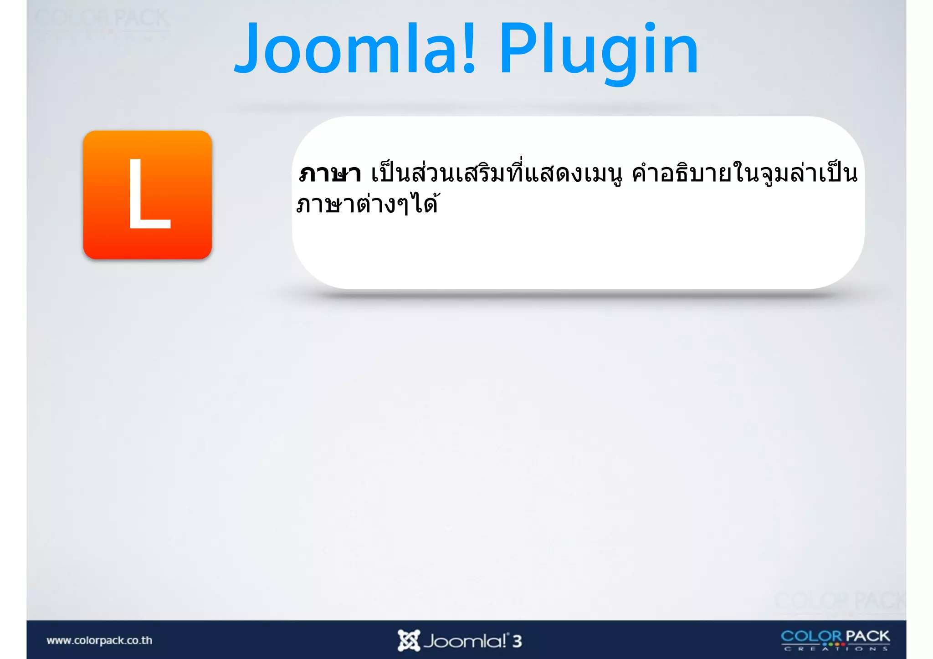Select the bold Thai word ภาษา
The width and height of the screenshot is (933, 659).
pos(330,174)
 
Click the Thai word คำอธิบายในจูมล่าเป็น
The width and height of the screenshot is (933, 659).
pos(744,174)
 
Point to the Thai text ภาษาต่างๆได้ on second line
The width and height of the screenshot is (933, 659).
pos(367,204)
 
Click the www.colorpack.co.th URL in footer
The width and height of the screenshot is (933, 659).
pos(99,640)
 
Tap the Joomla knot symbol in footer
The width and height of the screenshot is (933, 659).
pos(408,641)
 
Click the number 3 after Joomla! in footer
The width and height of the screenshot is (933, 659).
pos(517,641)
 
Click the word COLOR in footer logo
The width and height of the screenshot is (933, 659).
pos(811,636)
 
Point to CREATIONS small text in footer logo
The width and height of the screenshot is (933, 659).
pos(835,649)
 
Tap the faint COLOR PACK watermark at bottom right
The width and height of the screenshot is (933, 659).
pos(839,600)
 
